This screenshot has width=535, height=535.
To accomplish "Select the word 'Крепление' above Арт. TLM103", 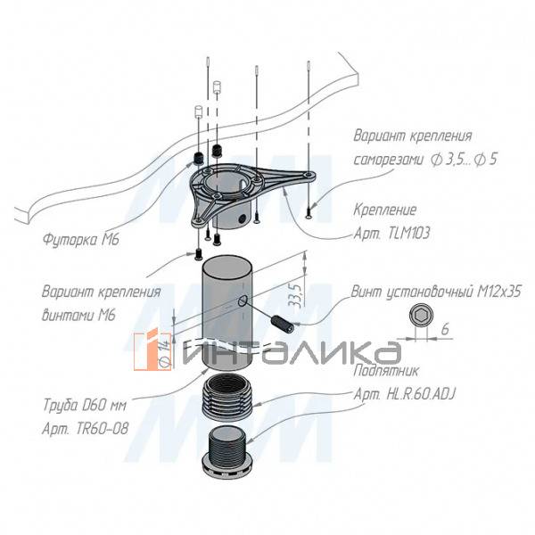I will click(385, 211).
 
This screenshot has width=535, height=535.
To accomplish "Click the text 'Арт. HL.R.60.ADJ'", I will click(407, 393).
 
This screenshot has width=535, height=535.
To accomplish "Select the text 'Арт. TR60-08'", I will click(85, 428).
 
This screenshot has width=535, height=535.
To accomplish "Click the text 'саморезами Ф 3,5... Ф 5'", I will click(412, 160).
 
